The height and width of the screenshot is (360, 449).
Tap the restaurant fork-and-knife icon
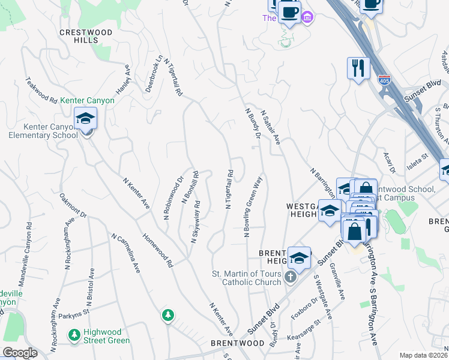(x=358, y=67)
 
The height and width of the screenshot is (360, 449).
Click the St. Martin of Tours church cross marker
(x=291, y=277)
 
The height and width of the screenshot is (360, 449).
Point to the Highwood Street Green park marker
(x=74, y=337)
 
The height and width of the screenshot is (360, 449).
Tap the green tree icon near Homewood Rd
(x=168, y=314)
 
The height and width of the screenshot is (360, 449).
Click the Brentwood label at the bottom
(x=238, y=343)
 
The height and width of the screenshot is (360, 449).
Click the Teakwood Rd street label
(x=41, y=91)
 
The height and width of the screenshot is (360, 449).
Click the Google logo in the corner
(x=20, y=353)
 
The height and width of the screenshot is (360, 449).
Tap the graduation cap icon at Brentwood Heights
(x=299, y=257)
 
